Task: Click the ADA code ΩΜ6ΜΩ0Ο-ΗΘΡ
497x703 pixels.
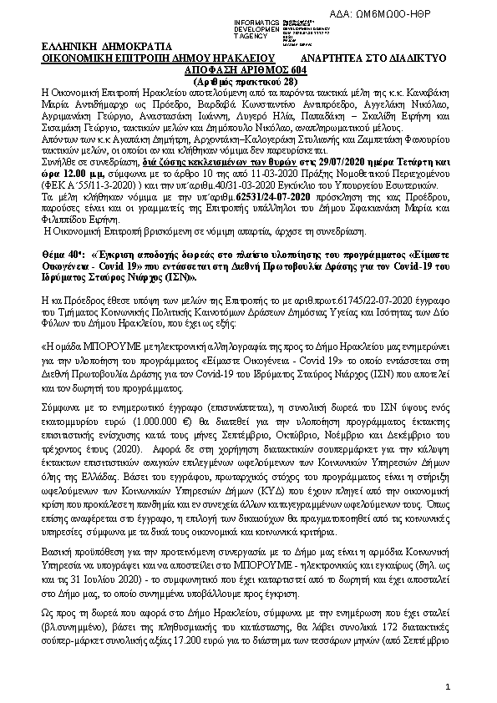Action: click(x=445, y=18)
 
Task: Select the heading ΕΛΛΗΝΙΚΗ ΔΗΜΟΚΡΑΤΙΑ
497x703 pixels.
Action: click(x=94, y=48)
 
